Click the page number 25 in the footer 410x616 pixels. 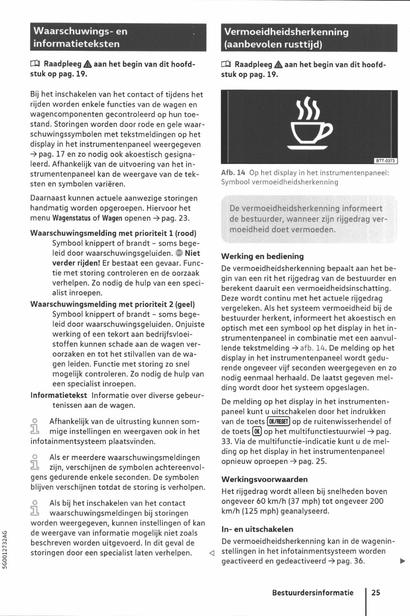pyautogui.click(x=376, y=593)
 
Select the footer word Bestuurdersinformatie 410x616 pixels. pyautogui.click(x=313, y=593)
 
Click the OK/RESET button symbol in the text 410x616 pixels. pyautogui.click(x=278, y=421)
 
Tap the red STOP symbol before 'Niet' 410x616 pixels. pyautogui.click(x=179, y=253)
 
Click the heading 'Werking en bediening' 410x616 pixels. pyautogui.click(x=262, y=256)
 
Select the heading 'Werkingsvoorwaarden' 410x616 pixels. pyautogui.click(x=265, y=479)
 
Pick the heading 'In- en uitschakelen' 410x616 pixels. pyautogui.click(x=257, y=529)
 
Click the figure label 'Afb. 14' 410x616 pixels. pyautogui.click(x=233, y=173)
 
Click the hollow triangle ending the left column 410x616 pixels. pyautogui.click(x=211, y=553)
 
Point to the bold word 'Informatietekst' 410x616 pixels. pyautogui.click(x=59, y=395)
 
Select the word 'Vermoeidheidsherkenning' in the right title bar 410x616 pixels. pyautogui.click(x=286, y=32)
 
